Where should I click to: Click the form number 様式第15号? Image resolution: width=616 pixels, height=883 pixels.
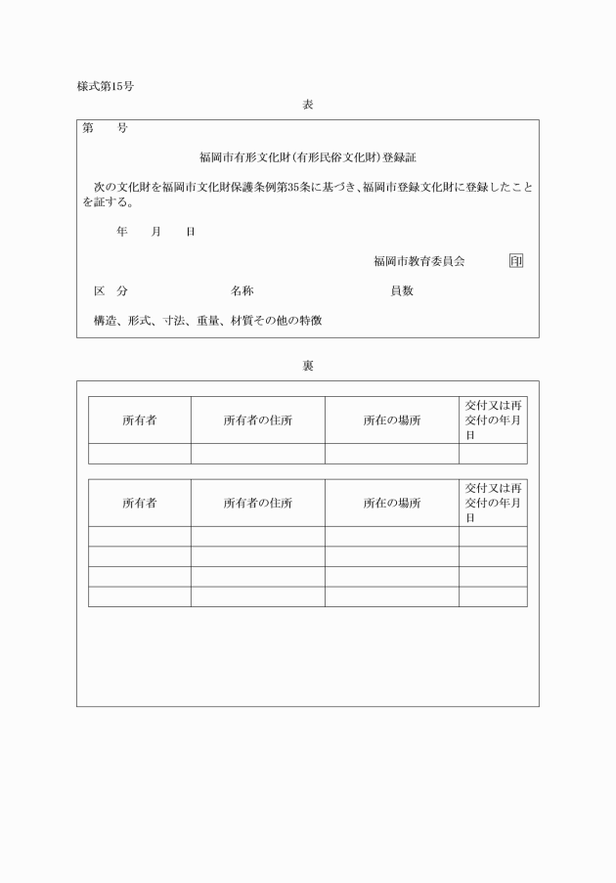click(x=106, y=86)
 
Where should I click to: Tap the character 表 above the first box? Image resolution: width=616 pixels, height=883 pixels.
click(x=307, y=104)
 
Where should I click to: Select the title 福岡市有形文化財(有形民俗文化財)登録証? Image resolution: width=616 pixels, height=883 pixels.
click(x=308, y=156)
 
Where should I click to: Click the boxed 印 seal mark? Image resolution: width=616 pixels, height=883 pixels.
click(x=515, y=261)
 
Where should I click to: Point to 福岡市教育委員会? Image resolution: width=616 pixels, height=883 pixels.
click(x=418, y=261)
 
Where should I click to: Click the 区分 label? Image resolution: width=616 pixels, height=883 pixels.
click(x=110, y=291)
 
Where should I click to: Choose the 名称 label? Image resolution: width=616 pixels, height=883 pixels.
click(x=242, y=291)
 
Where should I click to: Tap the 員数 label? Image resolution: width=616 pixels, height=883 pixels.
click(x=402, y=291)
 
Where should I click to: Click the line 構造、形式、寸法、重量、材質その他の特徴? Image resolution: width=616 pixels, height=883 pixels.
click(x=207, y=320)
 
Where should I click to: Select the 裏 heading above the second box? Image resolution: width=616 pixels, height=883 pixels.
click(x=307, y=366)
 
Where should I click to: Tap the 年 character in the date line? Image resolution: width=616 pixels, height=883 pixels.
click(x=122, y=232)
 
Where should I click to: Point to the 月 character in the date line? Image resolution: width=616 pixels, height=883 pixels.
click(x=155, y=232)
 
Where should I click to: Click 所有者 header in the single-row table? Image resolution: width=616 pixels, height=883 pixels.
click(x=140, y=420)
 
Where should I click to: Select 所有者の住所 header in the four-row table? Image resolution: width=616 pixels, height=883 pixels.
click(x=257, y=503)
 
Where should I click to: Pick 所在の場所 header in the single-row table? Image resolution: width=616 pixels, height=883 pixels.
click(x=391, y=420)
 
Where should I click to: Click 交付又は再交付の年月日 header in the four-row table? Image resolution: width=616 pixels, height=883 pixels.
click(x=493, y=503)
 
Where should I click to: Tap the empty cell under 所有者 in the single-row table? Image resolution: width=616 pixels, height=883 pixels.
click(x=140, y=454)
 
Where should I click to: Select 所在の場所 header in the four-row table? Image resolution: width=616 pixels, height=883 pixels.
click(x=391, y=503)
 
